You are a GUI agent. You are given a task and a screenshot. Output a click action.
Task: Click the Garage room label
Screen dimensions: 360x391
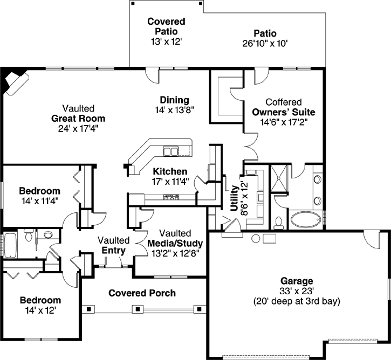pyautogui.click(x=297, y=281)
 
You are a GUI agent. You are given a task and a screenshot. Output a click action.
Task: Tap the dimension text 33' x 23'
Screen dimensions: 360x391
pyautogui.click(x=297, y=291)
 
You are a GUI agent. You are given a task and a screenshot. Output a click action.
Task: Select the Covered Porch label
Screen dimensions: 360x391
pyautogui.click(x=142, y=293)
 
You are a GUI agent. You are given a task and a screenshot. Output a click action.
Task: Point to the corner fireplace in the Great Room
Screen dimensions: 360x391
pyautogui.click(x=15, y=82)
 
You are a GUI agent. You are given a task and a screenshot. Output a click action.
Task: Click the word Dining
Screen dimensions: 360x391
pyautogui.click(x=174, y=100)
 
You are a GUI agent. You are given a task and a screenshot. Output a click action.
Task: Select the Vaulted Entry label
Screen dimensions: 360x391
pyautogui.click(x=113, y=245)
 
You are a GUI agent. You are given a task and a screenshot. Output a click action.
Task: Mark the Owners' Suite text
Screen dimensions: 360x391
pyautogui.click(x=283, y=112)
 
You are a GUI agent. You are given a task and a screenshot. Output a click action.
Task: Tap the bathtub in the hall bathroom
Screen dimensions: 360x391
pyautogui.click(x=10, y=246)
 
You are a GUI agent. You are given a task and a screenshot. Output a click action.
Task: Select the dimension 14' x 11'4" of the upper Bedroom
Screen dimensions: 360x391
pyautogui.click(x=39, y=200)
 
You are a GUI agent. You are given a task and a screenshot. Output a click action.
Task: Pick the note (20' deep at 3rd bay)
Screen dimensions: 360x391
pyautogui.click(x=297, y=301)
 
